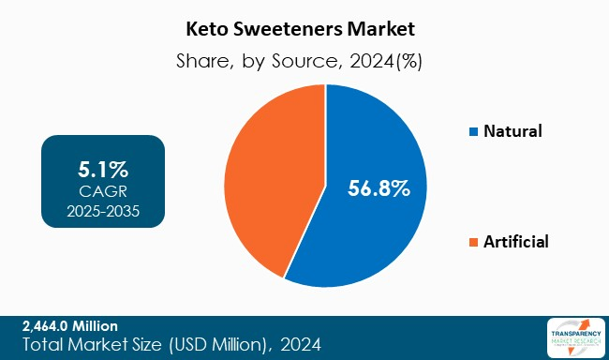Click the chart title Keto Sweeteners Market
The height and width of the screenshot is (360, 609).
304,27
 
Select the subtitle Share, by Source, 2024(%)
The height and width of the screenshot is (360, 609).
304,61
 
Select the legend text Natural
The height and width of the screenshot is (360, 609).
512,131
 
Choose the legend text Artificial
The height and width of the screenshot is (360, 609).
515,242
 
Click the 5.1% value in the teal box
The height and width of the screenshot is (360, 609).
103,170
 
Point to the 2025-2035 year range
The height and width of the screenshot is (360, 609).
103,211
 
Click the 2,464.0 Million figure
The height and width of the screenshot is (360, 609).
69,326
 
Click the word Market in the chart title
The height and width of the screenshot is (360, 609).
388,27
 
